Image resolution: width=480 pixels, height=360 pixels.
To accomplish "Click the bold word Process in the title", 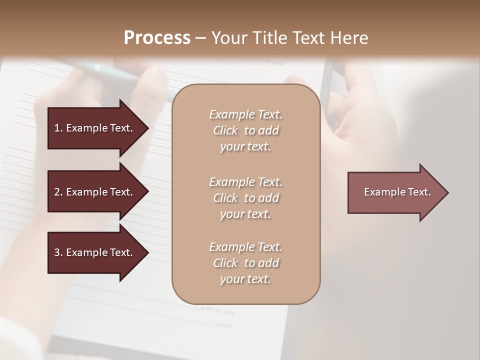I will (x=157, y=38).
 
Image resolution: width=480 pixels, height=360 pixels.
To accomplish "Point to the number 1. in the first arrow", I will (x=58, y=128).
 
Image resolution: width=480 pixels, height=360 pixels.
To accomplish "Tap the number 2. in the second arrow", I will (x=58, y=192).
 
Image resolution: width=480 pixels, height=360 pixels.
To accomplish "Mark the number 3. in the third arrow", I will (x=58, y=252).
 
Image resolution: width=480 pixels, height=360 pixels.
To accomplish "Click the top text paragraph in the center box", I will (x=246, y=130).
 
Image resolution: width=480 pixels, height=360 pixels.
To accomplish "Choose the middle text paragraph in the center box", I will (x=246, y=198).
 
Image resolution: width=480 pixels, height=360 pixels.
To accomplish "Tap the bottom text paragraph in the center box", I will (x=246, y=263).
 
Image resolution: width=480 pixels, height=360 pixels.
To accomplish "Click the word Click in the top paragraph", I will (x=225, y=131).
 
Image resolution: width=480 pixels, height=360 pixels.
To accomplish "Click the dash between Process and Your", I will (x=201, y=38).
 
